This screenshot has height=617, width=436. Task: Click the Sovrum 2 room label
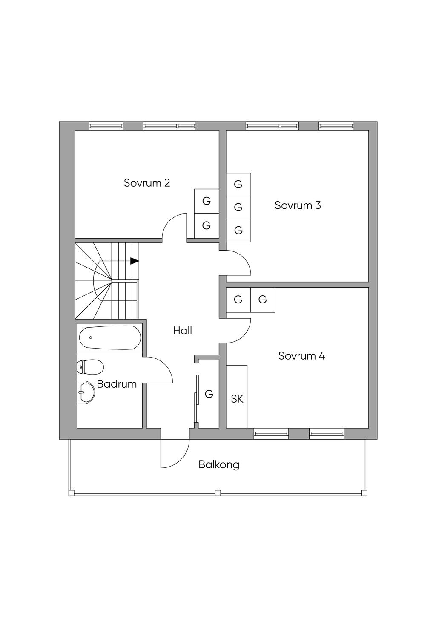147,183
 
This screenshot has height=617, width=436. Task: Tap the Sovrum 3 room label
298,205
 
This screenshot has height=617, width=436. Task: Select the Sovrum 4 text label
301,356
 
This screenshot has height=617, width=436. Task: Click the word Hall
182,330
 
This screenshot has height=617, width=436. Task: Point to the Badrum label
117,384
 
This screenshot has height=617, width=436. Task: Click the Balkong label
219,464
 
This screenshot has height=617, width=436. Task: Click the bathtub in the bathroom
109,338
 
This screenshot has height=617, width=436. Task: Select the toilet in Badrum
90,366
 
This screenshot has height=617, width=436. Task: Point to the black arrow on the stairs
135,261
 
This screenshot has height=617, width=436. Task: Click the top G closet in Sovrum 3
238,184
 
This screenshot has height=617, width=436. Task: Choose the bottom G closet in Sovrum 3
238,231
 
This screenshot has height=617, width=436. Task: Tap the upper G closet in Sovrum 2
207,201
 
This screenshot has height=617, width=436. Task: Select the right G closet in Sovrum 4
263,300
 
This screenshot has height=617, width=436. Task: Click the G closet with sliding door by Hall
209,394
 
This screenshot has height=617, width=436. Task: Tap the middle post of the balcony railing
218,493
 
